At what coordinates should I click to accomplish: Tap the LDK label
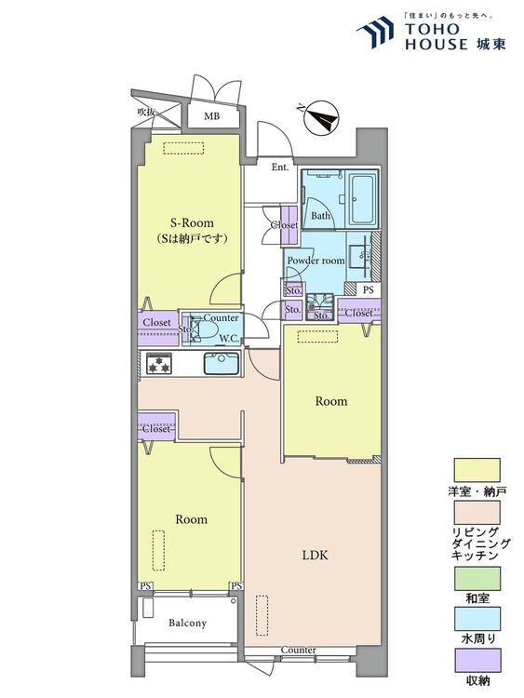pos(316,555)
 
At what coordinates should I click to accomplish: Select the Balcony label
pos(187,623)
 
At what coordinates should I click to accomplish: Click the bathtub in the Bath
pos(363,199)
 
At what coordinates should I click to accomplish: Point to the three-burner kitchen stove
pos(159,363)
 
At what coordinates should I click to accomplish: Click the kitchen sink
pos(222,363)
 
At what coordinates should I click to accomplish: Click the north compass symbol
pos(320,117)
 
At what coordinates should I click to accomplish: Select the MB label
pos(211,116)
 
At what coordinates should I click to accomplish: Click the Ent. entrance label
pos(280,168)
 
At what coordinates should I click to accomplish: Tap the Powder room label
pos(316,261)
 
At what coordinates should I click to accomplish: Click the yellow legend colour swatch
pos(477,470)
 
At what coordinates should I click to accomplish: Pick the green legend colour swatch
pos(477,578)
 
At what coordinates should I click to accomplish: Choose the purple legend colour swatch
pos(477,660)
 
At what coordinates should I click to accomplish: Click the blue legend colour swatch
pos(477,619)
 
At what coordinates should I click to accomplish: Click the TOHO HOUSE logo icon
pos(375,32)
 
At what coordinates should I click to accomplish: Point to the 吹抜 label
pos(145,113)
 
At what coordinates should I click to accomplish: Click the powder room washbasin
pos(359,257)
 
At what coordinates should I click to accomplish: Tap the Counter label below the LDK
pos(298,650)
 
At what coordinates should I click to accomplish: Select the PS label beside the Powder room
pos(369,290)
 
